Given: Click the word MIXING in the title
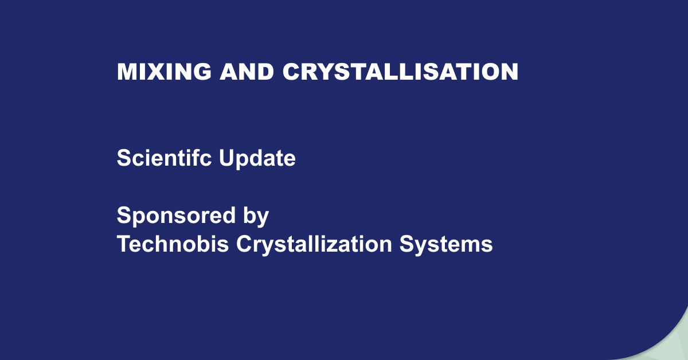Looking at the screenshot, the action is tap(164, 72).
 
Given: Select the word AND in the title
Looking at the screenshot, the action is tap(247, 72).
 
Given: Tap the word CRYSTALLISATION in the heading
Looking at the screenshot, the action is tap(400, 72).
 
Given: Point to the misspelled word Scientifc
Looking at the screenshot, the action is tap(165, 158).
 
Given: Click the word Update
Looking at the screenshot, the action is tap(257, 159).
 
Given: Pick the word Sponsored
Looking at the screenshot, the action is tap(176, 216).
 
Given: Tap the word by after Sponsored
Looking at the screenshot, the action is tap(256, 217).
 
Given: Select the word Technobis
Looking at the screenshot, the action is tap(173, 244).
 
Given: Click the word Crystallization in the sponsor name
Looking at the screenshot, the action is tap(314, 245).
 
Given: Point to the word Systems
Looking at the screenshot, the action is tap(446, 245).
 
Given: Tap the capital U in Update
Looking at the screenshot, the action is tap(226, 158).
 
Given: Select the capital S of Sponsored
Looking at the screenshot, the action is tap(124, 215).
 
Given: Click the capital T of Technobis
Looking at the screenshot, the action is tap(124, 244).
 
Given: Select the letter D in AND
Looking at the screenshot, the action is tap(265, 72).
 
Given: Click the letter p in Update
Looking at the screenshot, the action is tap(243, 162).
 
